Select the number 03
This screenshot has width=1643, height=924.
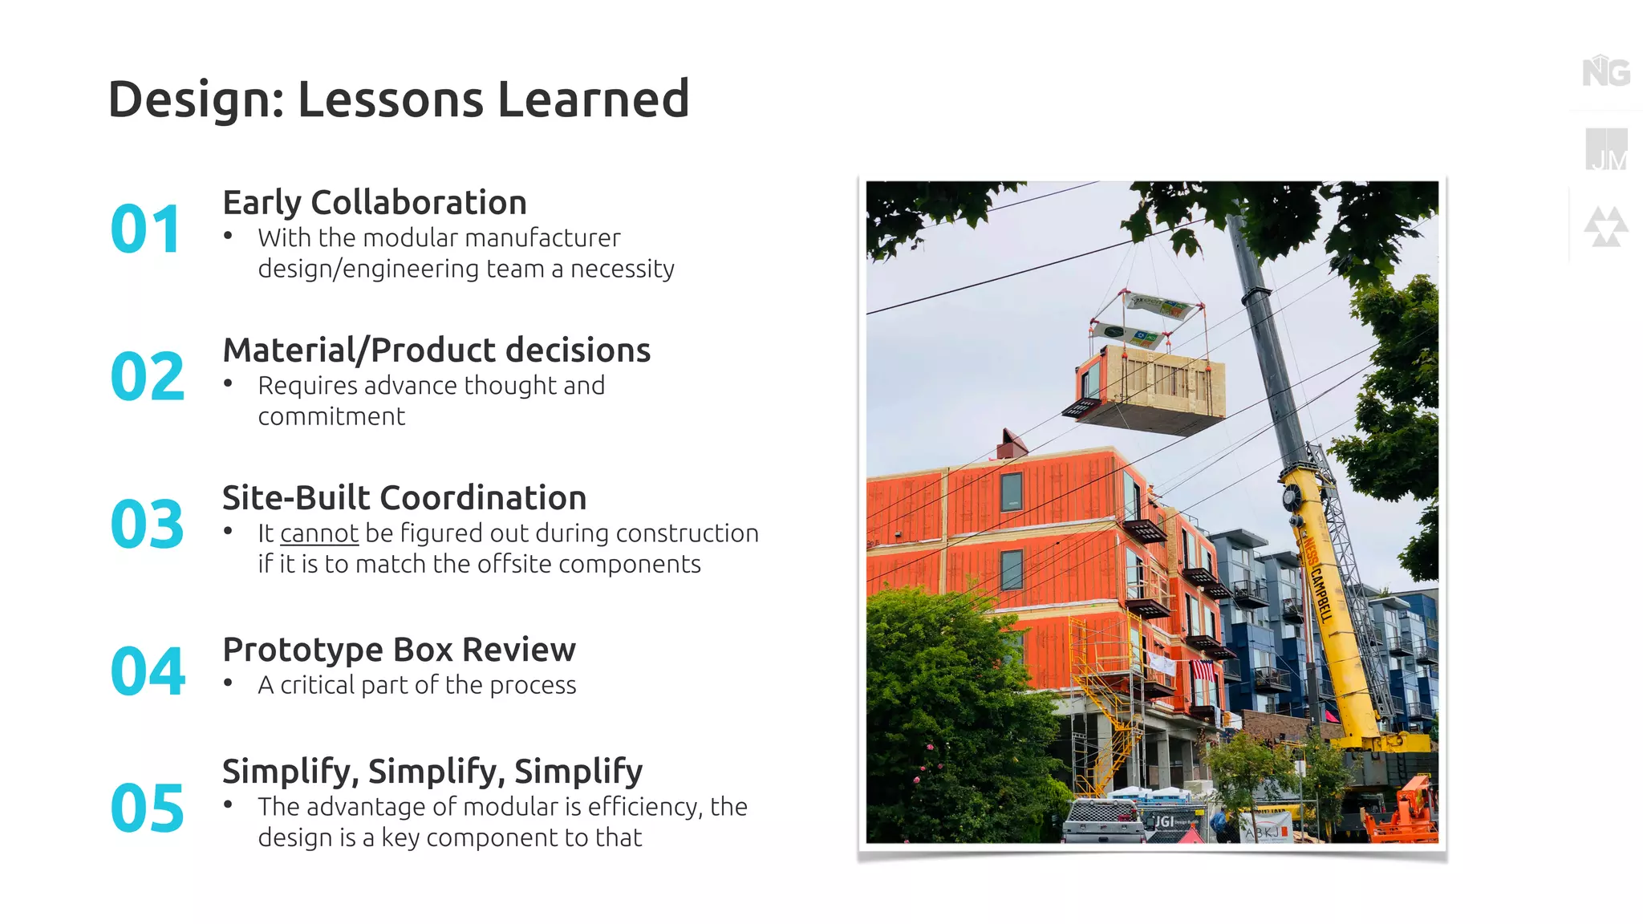(147, 525)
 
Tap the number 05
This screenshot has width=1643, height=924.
(147, 808)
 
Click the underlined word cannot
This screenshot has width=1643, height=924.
(318, 533)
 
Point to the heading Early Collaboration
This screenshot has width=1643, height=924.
(374, 202)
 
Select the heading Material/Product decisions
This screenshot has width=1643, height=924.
(436, 351)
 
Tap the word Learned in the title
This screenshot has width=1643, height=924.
(593, 99)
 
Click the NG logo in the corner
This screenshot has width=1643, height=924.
(1605, 72)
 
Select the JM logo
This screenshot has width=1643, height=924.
(1606, 150)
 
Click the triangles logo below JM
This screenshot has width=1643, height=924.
(1605, 227)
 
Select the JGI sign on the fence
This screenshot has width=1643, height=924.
(1164, 821)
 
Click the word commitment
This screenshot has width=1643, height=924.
(331, 417)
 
